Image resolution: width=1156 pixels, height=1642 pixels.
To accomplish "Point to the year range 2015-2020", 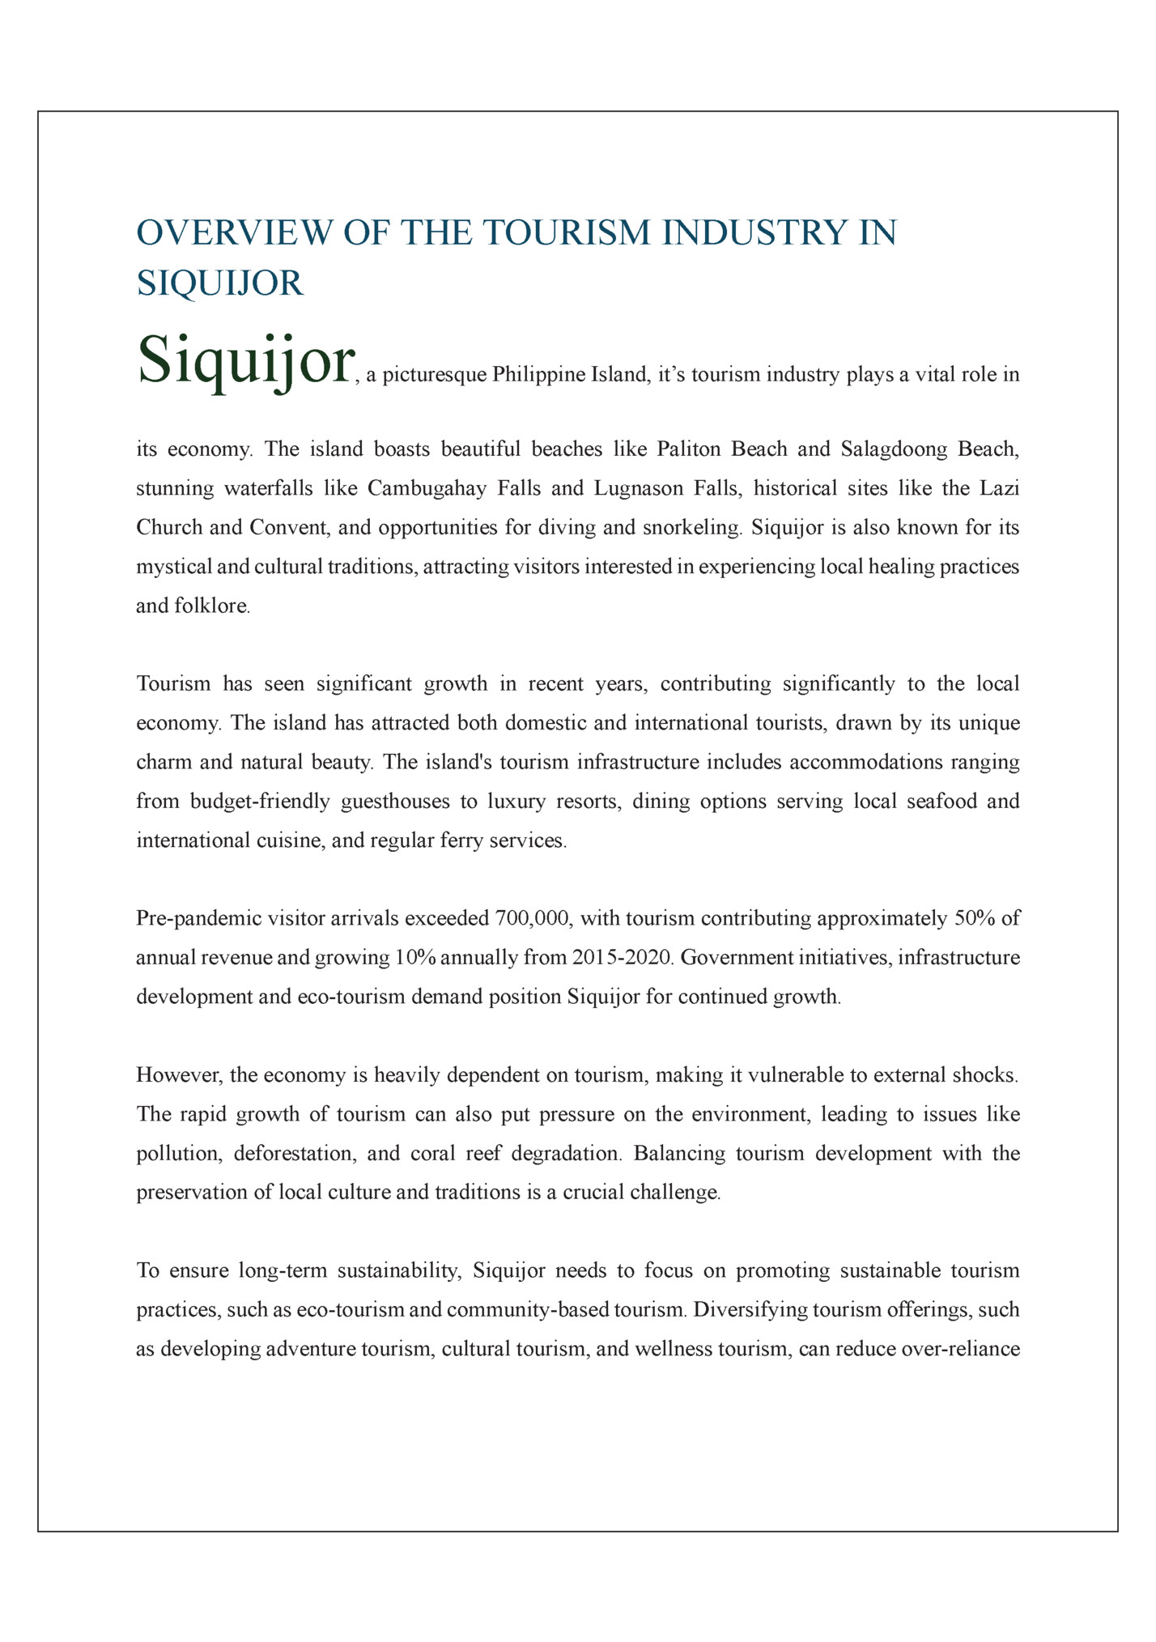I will tap(622, 958).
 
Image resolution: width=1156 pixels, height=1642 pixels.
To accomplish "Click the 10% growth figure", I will tap(415, 958).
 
